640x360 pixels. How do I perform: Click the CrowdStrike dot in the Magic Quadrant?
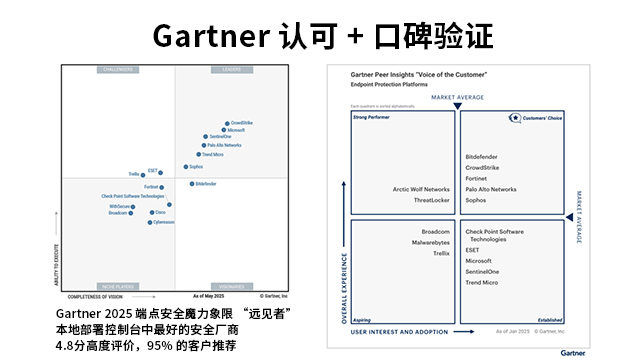tap(227, 123)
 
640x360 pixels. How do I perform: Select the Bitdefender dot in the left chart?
tap(191, 184)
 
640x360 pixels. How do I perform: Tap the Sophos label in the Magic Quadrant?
tap(196, 167)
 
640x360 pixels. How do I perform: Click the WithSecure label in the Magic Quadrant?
tap(119, 205)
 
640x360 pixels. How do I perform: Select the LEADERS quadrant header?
tap(231, 69)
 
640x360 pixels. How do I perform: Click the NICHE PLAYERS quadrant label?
tap(119, 285)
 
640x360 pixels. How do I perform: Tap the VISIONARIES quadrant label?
tap(231, 285)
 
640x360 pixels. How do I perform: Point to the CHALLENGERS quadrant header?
tap(119, 69)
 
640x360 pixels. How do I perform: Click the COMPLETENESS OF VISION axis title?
tap(95, 296)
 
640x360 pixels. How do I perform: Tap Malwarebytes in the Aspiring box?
tap(431, 242)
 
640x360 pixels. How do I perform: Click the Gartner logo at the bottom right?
tap(573, 352)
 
